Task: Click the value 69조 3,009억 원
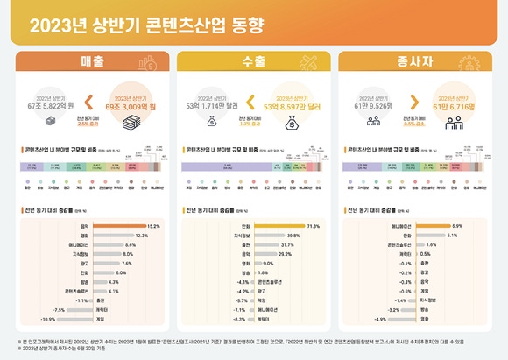(x=124, y=107)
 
